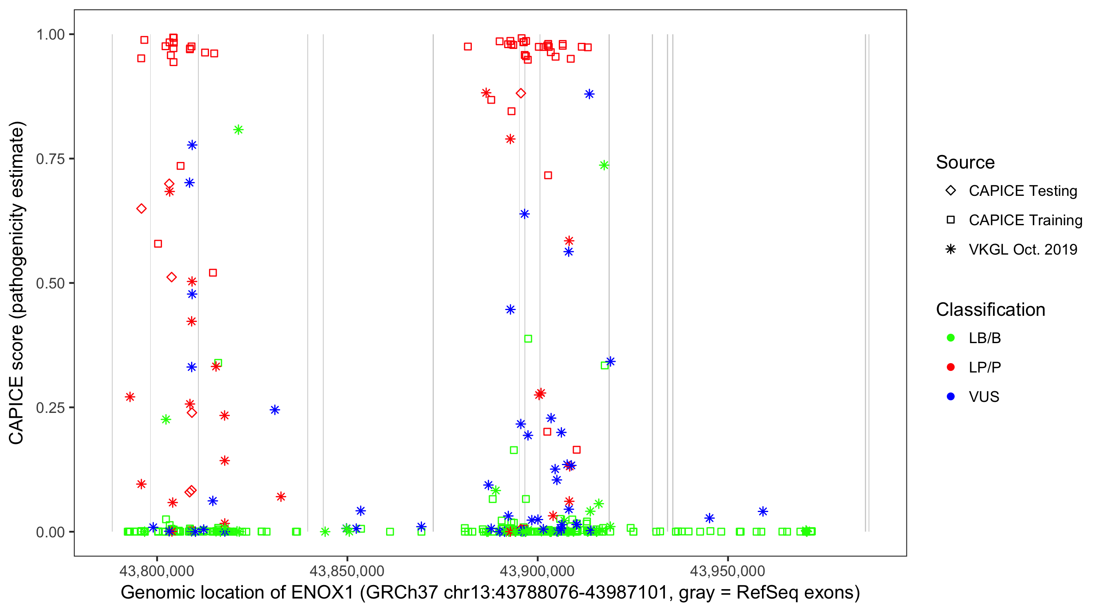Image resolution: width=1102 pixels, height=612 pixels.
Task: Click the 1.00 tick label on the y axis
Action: [50, 35]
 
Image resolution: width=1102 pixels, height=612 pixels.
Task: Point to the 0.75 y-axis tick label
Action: [50, 159]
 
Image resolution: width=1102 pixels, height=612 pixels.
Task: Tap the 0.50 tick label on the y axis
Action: [50, 284]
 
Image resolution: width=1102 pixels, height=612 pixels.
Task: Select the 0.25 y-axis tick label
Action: [50, 408]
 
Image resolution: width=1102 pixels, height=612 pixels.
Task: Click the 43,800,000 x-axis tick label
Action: [157, 571]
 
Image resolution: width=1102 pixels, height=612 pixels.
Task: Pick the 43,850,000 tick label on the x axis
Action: [347, 571]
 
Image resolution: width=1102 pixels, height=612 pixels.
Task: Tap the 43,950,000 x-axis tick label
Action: [728, 571]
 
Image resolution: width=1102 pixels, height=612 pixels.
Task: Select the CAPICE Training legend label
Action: [1025, 220]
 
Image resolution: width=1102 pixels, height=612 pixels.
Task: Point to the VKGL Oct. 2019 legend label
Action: [1023, 250]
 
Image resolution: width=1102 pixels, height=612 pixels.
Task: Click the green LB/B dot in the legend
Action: [951, 338]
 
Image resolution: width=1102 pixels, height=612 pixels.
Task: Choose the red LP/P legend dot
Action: [951, 367]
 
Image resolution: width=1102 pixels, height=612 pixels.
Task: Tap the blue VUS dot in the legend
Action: [951, 397]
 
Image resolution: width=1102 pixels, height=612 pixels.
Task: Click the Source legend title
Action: [965, 162]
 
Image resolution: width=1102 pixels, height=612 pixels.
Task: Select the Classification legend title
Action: [990, 310]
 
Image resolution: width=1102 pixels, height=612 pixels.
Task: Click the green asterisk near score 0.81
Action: [238, 130]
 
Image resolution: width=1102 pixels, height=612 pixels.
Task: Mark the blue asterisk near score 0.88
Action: [589, 95]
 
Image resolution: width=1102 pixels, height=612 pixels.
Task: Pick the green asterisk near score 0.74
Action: [604, 166]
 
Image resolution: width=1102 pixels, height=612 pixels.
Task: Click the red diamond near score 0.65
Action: [142, 209]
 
